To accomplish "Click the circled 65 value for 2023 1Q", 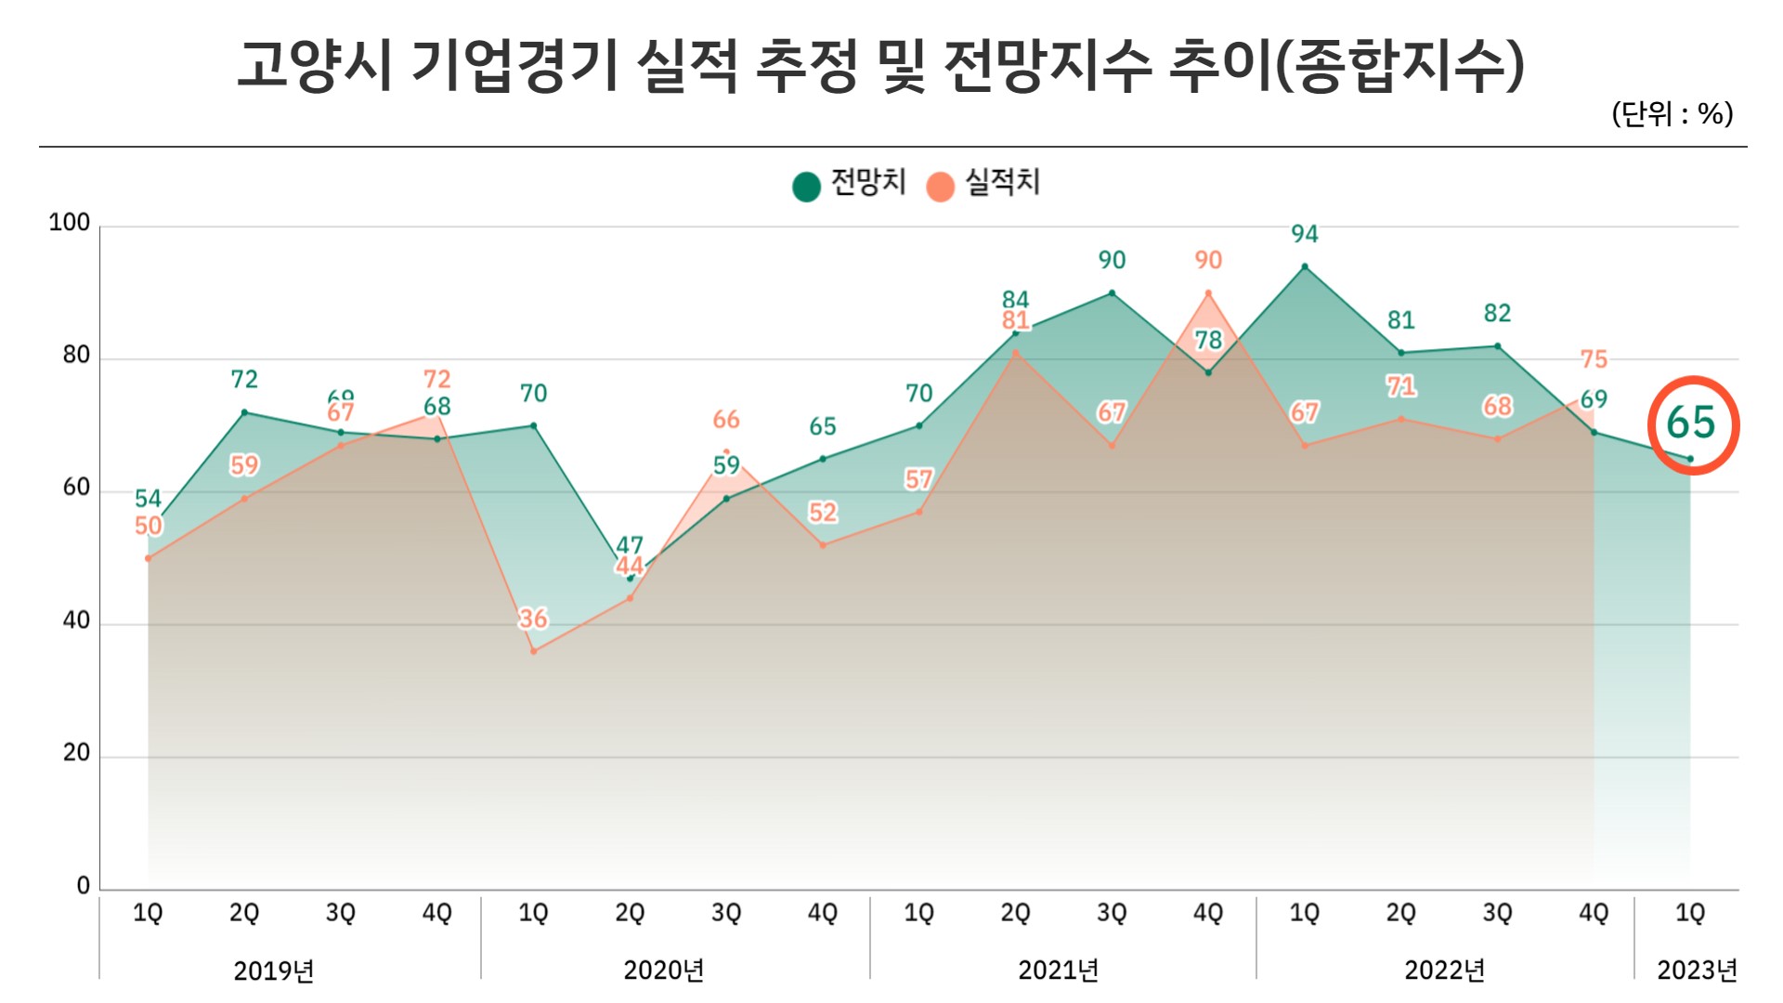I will coord(1691,423).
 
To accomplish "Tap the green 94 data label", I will coord(1305,234).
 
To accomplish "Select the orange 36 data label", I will coord(533,619).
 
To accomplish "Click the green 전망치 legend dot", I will coord(806,186).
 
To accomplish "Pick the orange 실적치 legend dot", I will coord(940,186).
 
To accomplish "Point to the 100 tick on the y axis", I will coord(70,223).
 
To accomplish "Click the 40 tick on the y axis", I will coord(76,620).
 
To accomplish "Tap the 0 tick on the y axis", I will coord(84,885).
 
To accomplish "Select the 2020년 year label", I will coord(663,970).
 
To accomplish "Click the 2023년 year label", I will coord(1697,970).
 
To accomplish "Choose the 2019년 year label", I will coord(273,970).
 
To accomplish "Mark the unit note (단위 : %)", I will coord(1672,114).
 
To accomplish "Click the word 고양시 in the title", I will coord(315,66).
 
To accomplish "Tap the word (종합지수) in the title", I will coord(1399,66).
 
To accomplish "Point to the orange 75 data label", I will coord(1594,359).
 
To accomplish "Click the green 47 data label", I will coord(630,545).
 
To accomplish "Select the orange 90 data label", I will coord(1208,260).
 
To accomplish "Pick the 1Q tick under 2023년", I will coord(1690,913).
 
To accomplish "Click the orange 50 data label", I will coord(149,526).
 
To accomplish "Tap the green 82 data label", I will coord(1497,313).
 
